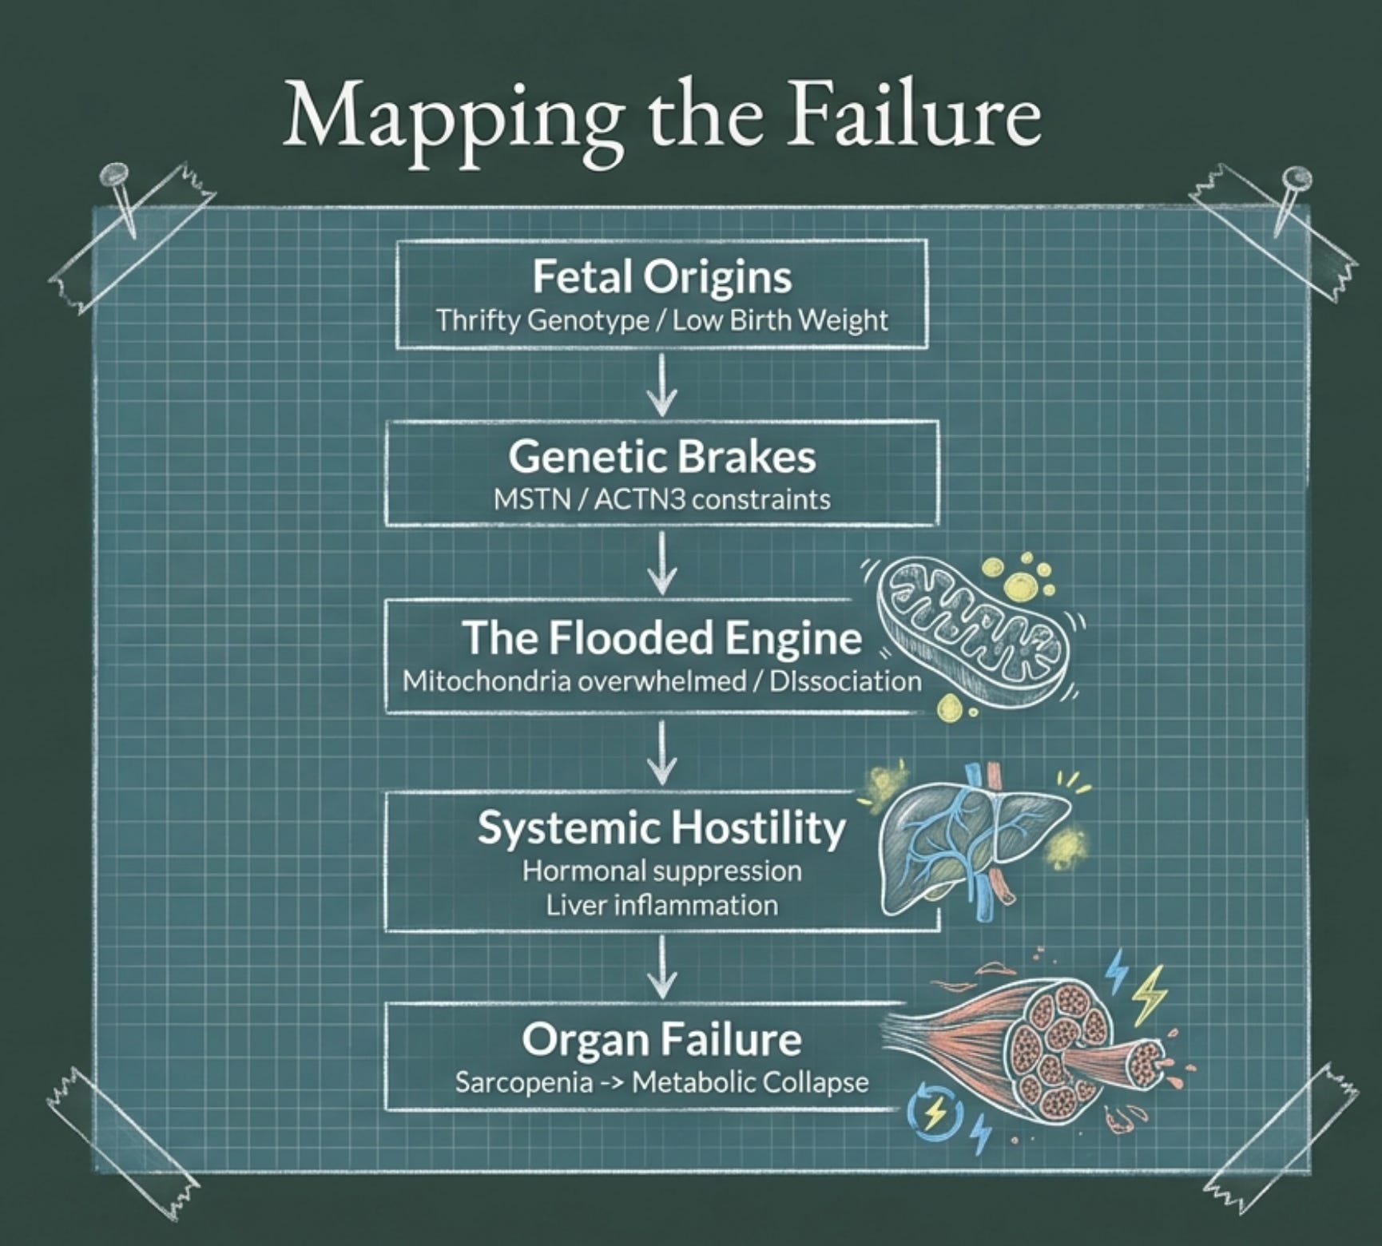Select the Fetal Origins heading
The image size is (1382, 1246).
tap(661, 277)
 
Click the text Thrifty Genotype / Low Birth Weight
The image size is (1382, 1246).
tap(661, 321)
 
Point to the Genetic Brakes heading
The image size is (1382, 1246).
tap(661, 457)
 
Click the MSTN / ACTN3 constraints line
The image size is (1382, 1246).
tap(661, 500)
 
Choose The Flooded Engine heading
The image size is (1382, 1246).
tap(661, 637)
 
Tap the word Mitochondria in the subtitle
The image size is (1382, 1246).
tap(486, 681)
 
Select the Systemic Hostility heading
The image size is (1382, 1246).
tap(661, 827)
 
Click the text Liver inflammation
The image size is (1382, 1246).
tap(661, 906)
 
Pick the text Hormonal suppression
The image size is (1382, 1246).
tap(661, 871)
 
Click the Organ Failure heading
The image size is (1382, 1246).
tap(661, 1039)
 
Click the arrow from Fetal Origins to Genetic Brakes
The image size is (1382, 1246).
tap(661, 384)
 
